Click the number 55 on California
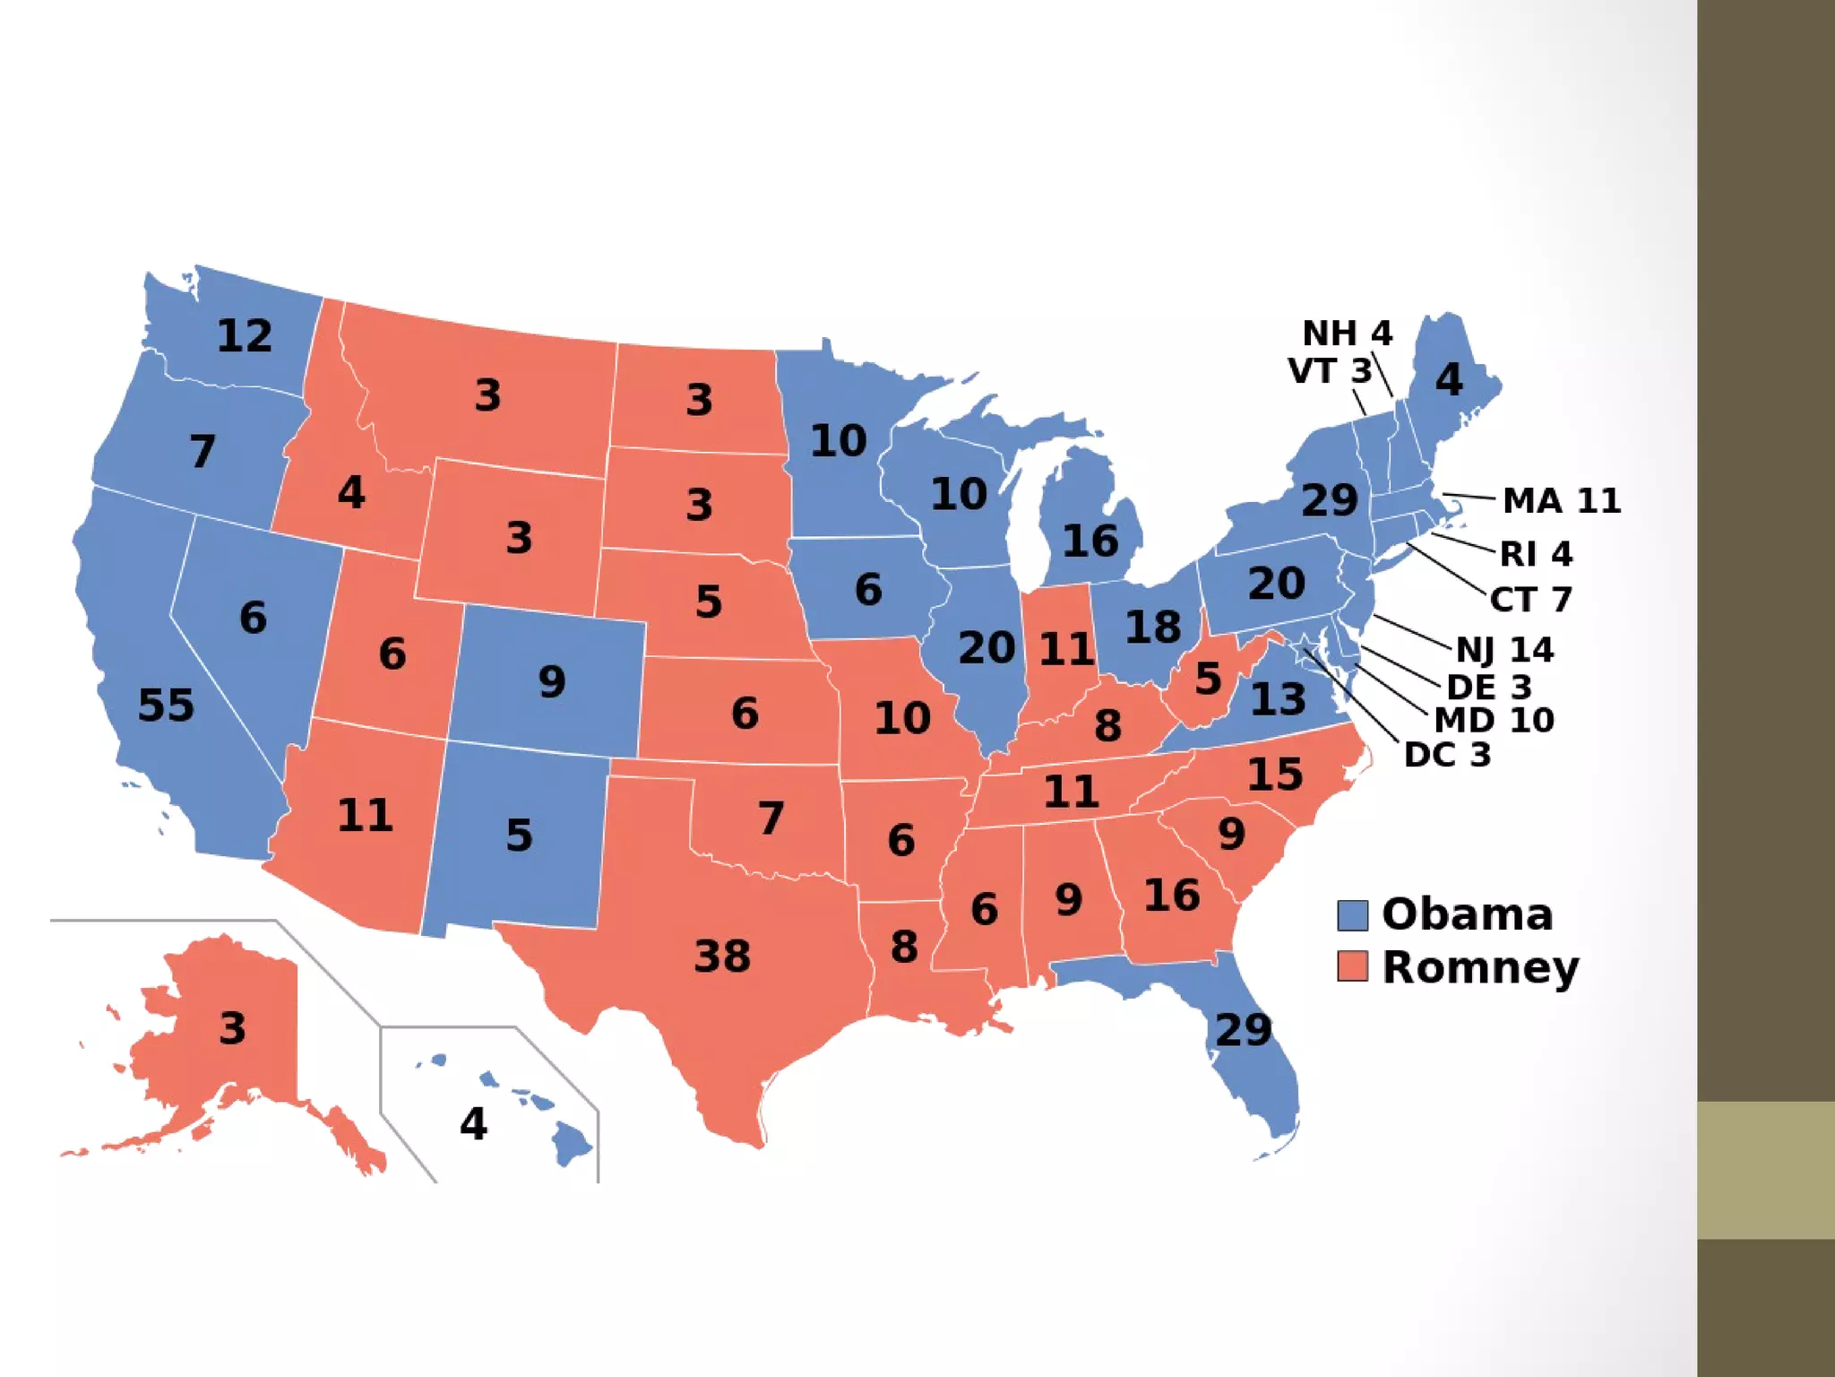[x=166, y=705]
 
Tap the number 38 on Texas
[x=722, y=956]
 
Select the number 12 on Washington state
[x=245, y=336]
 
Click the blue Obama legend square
[x=1352, y=915]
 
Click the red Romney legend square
[x=1352, y=966]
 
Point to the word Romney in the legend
[x=1480, y=968]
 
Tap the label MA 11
[x=1562, y=500]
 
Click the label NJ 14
[x=1504, y=650]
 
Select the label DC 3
[x=1447, y=755]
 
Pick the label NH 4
[x=1347, y=333]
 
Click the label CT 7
[x=1530, y=599]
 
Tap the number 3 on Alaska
[x=232, y=1027]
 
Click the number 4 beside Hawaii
[x=473, y=1123]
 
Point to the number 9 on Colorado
[x=552, y=681]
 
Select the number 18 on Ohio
[x=1153, y=627]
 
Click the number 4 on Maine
[x=1449, y=379]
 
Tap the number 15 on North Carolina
[x=1275, y=774]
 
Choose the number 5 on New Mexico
[x=519, y=835]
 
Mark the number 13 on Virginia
[x=1278, y=699]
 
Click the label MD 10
[x=1494, y=720]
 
